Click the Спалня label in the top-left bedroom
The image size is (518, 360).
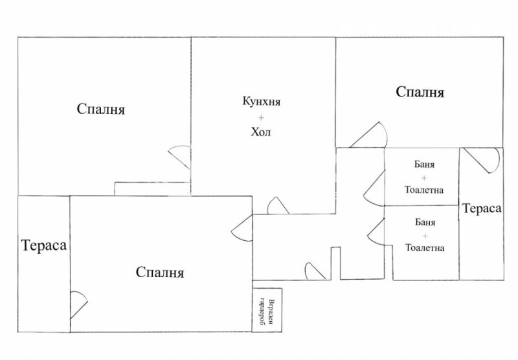[x=100, y=109]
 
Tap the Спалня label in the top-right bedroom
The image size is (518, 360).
[x=420, y=93]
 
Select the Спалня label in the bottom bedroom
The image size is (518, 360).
[x=160, y=273]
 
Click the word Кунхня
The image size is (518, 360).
[x=262, y=102]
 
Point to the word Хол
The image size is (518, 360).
[x=262, y=133]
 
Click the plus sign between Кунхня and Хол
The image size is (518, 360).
[x=262, y=117]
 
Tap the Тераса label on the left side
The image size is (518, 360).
[x=44, y=245]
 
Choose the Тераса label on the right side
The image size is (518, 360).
[x=482, y=208]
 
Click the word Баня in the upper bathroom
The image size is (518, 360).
[x=425, y=164]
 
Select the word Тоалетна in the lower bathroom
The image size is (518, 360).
[x=425, y=247]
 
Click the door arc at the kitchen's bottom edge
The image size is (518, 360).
[x=278, y=206]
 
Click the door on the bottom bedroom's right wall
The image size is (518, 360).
[x=242, y=229]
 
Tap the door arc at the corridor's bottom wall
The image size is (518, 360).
[x=317, y=271]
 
